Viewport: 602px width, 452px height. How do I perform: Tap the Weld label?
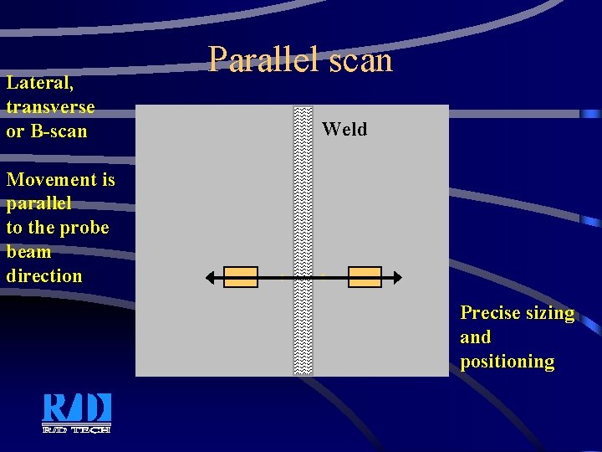[344, 129]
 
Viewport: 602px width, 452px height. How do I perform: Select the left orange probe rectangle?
[241, 277]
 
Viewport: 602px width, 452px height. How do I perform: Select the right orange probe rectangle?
[365, 277]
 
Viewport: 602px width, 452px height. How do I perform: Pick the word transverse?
[50, 107]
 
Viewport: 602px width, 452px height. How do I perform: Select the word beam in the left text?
[28, 252]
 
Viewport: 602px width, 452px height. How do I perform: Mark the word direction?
[44, 276]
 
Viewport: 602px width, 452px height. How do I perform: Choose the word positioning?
[507, 362]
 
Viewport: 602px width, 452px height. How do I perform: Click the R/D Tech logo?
[77, 413]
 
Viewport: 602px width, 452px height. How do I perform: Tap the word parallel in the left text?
[38, 203]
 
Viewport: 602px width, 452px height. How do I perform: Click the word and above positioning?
[475, 337]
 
